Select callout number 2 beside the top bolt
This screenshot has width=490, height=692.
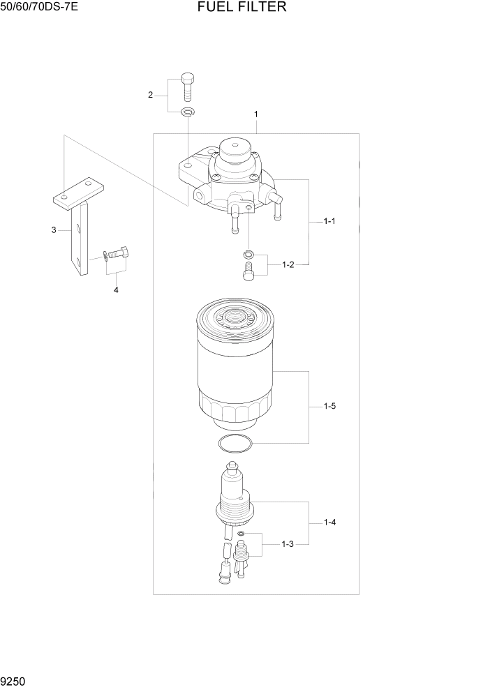150,95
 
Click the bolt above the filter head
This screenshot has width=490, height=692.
187,87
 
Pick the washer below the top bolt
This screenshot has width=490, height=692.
187,112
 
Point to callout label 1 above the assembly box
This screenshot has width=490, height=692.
256,114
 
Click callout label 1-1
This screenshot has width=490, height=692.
329,221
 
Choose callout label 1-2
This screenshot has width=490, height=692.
288,265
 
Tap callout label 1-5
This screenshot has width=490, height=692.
329,406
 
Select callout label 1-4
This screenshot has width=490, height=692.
329,522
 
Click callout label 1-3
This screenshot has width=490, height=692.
288,544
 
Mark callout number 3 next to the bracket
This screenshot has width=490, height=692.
53,230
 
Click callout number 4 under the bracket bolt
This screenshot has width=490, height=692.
116,289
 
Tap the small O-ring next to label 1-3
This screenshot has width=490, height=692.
240,534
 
